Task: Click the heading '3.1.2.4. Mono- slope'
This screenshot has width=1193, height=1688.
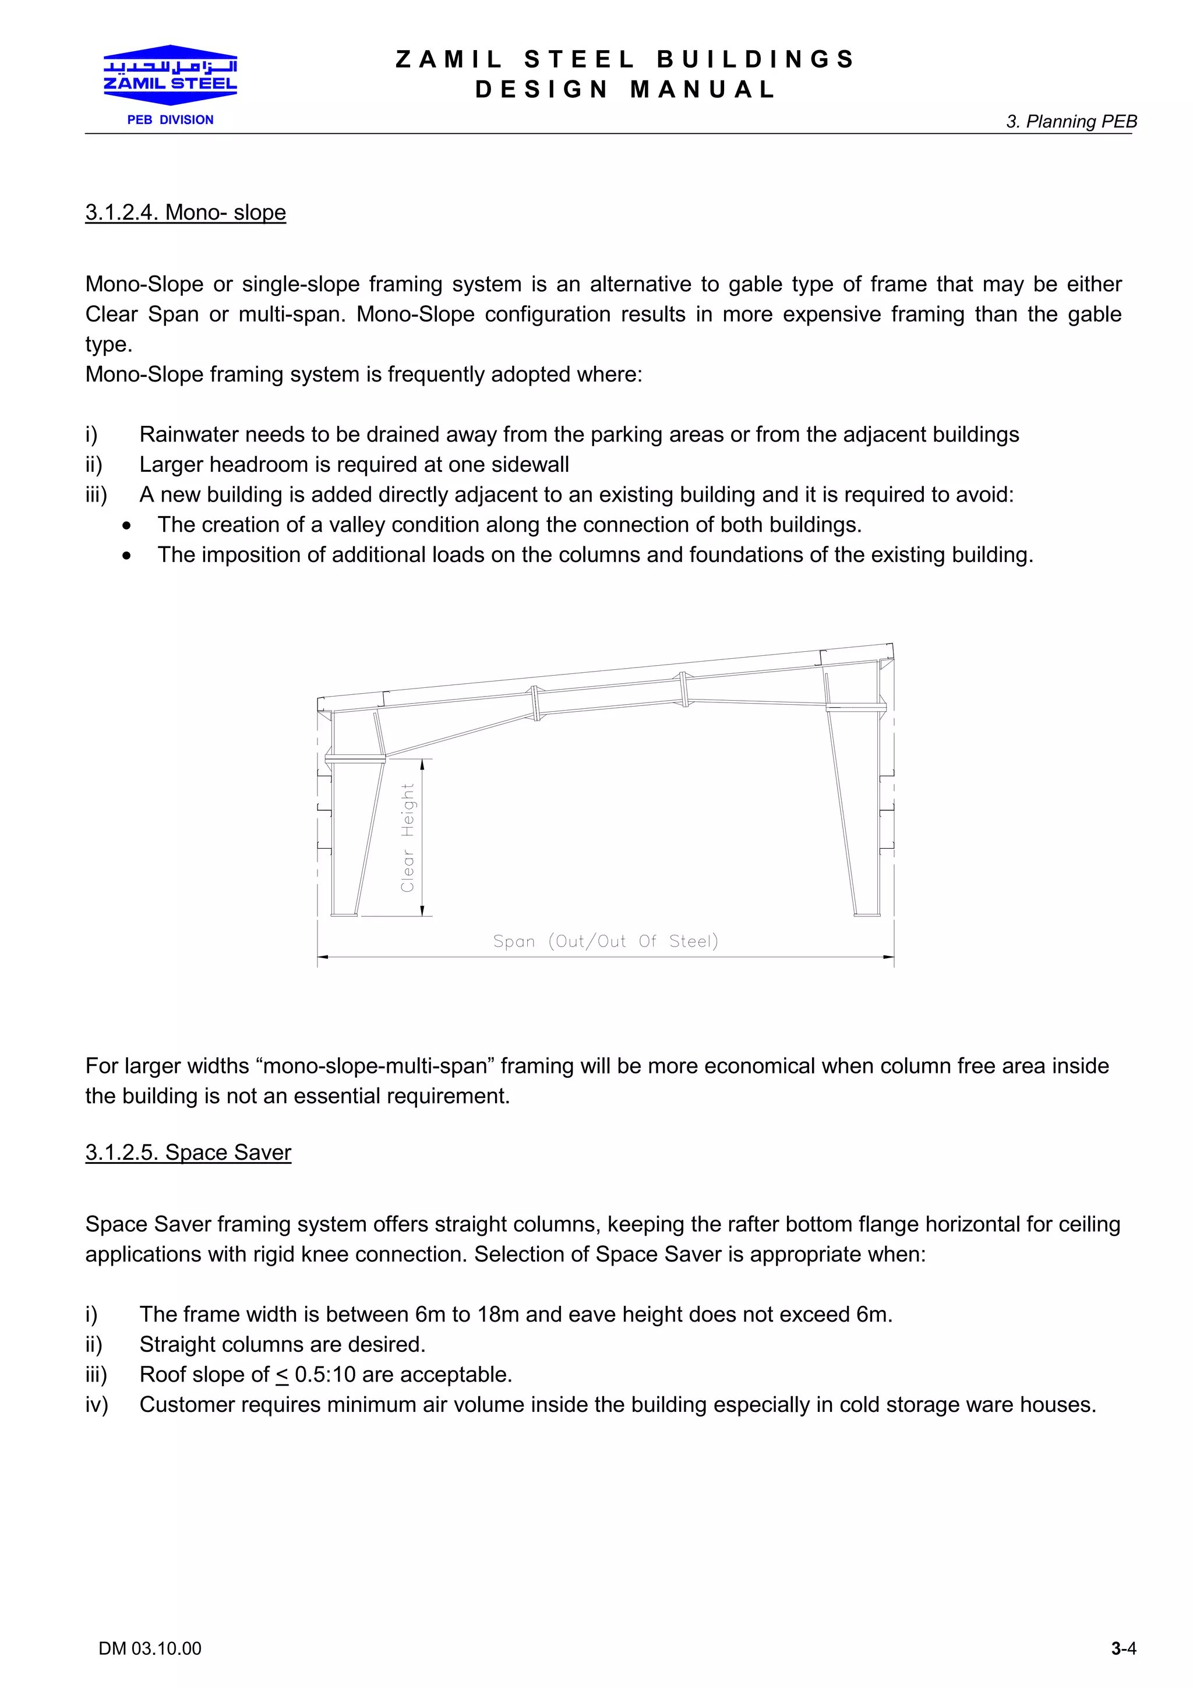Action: pyautogui.click(x=185, y=213)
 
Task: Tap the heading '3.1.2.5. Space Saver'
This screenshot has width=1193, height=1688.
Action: pyautogui.click(x=188, y=1152)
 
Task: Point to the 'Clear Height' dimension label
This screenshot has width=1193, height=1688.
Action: pyautogui.click(x=408, y=838)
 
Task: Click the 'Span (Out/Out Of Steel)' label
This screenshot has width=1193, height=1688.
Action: pyautogui.click(x=605, y=941)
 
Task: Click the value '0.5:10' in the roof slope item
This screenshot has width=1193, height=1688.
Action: pyautogui.click(x=325, y=1374)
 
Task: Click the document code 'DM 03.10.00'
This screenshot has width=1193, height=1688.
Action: pyautogui.click(x=150, y=1648)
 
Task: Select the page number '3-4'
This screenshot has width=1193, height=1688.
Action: pyautogui.click(x=1123, y=1648)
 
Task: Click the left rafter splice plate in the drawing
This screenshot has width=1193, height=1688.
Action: pyautogui.click(x=536, y=704)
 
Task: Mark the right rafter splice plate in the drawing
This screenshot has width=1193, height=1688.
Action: pyautogui.click(x=684, y=689)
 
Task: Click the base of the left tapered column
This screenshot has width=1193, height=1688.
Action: pyautogui.click(x=344, y=914)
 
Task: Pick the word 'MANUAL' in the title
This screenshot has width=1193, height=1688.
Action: pyautogui.click(x=703, y=90)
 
